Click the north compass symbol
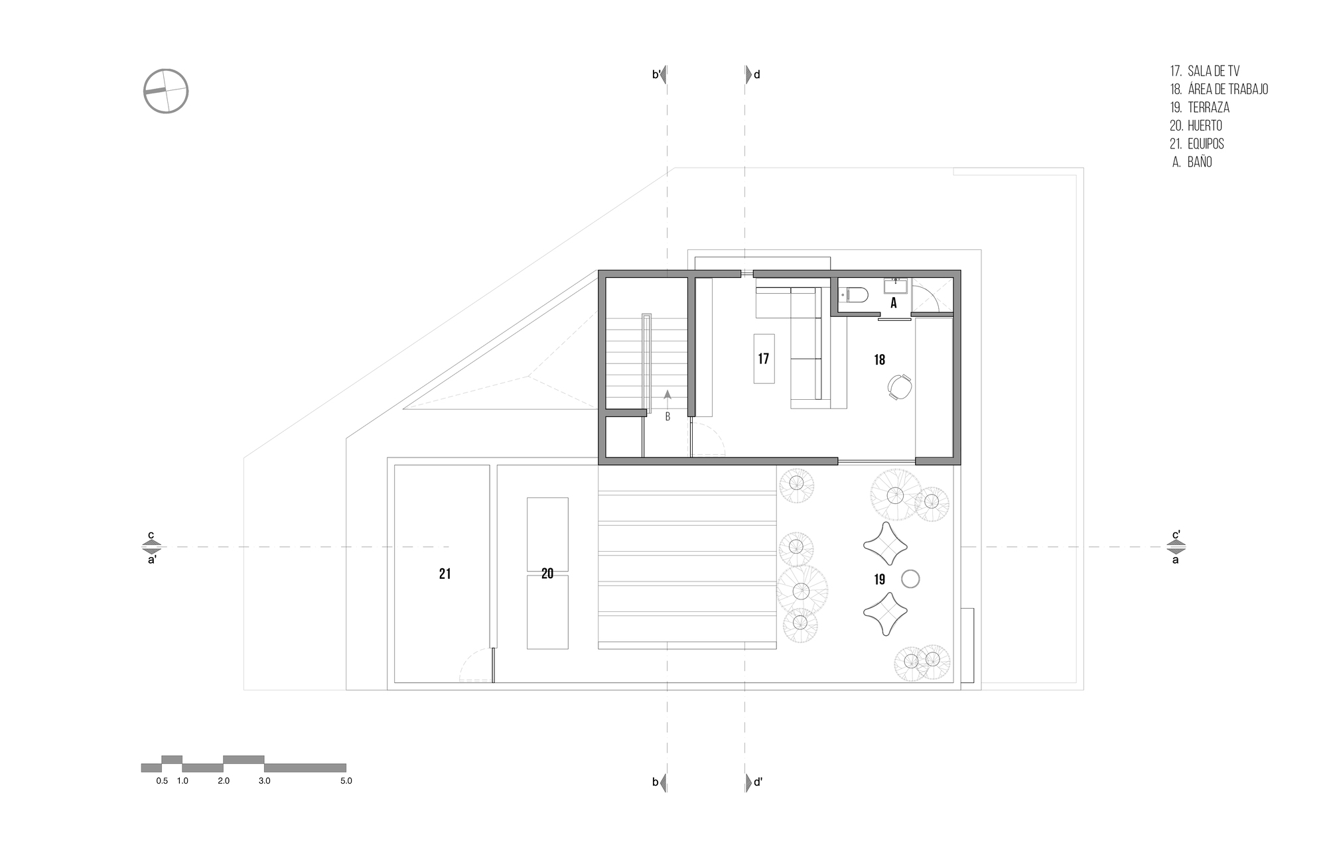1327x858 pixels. [x=166, y=91]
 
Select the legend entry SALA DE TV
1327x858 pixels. [x=1214, y=71]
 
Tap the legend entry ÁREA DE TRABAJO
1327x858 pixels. [x=1227, y=89]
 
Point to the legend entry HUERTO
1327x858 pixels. [x=1205, y=125]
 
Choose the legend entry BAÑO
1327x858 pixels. [x=1200, y=162]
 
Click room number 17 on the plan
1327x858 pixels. [x=764, y=359]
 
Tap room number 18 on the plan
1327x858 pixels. [x=880, y=360]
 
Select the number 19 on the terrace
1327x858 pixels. [x=880, y=580]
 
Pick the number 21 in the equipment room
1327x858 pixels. [x=445, y=574]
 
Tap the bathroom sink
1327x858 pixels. [x=896, y=286]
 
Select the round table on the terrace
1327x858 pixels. [x=910, y=580]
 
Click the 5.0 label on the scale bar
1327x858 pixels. [x=346, y=781]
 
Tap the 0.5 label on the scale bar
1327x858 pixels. [x=162, y=781]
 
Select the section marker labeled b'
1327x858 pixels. [x=659, y=74]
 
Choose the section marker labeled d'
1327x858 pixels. [x=754, y=782]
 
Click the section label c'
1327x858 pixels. [x=1176, y=535]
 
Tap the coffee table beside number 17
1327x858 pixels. [x=764, y=358]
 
